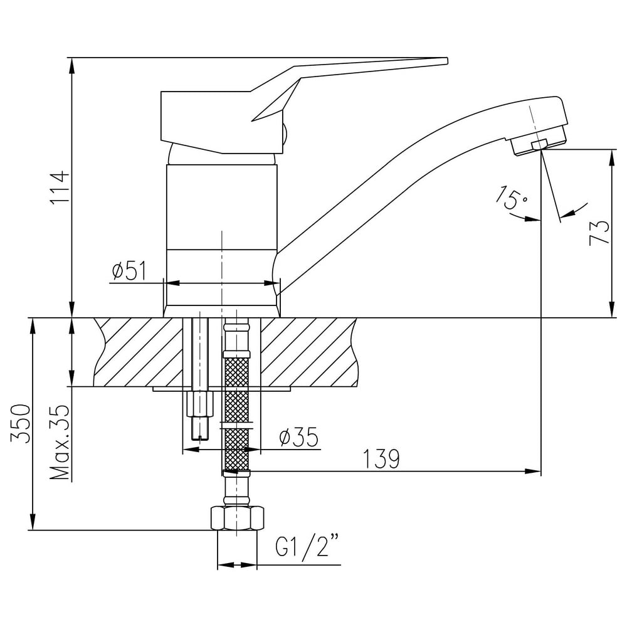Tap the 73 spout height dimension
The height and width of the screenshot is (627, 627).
[599, 232]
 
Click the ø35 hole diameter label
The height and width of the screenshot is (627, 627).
[298, 437]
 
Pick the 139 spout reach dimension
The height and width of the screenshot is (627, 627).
[381, 459]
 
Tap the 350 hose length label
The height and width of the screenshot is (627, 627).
[21, 423]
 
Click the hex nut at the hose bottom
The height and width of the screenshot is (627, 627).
[238, 519]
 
